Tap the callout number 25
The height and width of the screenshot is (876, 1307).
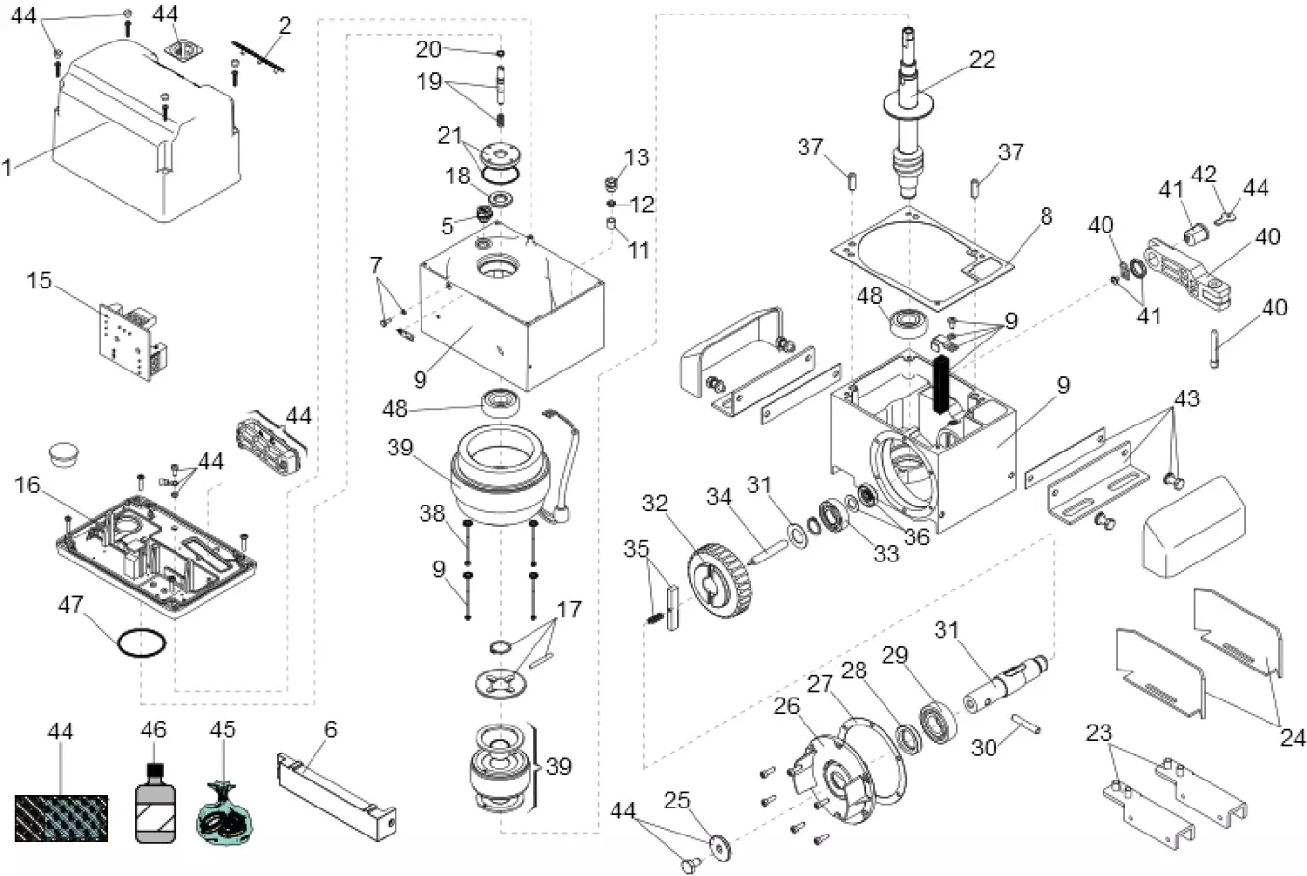click(x=677, y=800)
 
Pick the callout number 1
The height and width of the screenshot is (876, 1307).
click(x=9, y=167)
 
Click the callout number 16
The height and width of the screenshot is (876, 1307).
click(x=27, y=483)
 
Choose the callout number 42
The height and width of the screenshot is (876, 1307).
click(x=1204, y=175)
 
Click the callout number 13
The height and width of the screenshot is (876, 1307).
click(x=637, y=157)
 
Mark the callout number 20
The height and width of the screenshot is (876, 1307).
click(x=428, y=49)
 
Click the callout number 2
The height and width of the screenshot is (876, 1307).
click(x=284, y=26)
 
